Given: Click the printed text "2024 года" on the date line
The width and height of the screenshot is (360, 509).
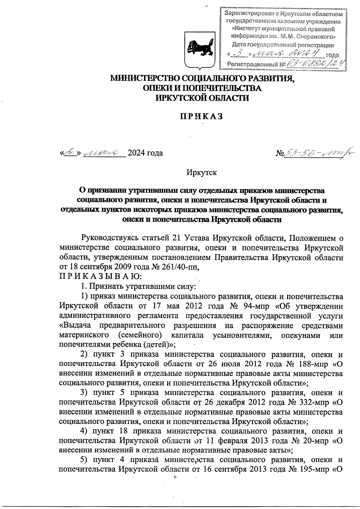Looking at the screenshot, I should click(x=145, y=153).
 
